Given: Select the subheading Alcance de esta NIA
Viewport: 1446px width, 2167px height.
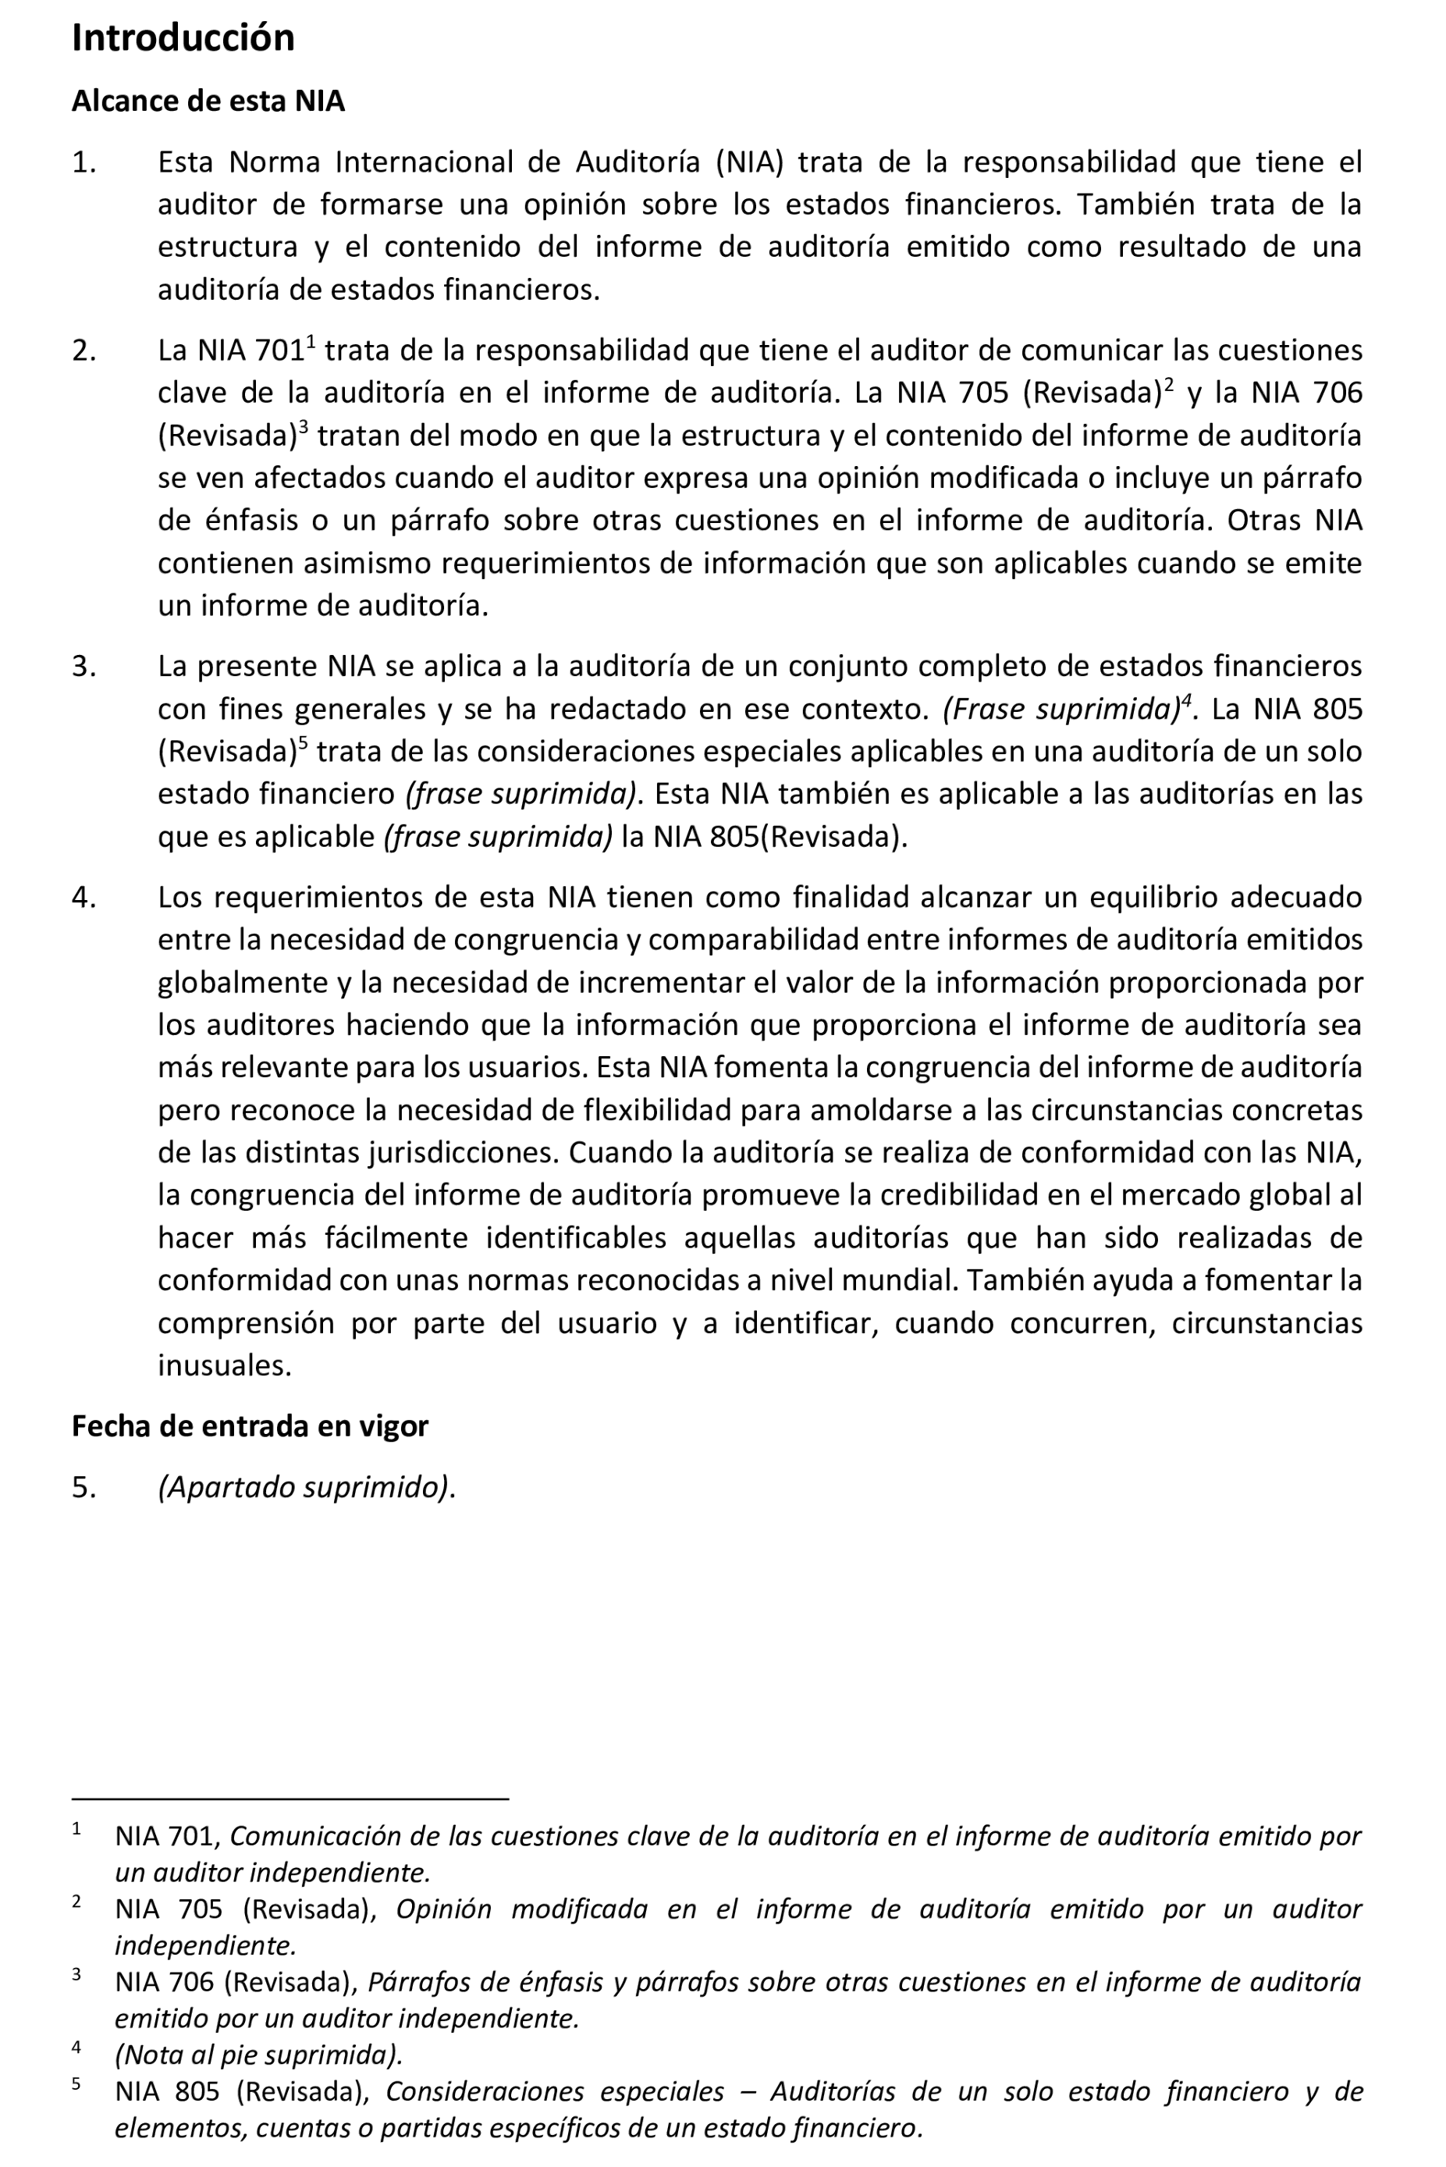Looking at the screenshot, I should coord(208,101).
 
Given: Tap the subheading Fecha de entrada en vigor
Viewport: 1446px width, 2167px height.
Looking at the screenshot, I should coord(249,1426).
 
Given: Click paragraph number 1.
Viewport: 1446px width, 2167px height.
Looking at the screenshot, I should coord(84,163).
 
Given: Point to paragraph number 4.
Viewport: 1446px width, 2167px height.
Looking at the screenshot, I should coord(84,898).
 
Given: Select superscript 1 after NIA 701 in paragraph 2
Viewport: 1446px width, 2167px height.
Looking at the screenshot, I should coord(311,342).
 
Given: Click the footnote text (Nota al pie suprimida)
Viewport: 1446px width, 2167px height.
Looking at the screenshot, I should coord(258,2055).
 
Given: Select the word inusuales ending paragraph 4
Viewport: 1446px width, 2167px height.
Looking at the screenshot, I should coord(224,1365).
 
